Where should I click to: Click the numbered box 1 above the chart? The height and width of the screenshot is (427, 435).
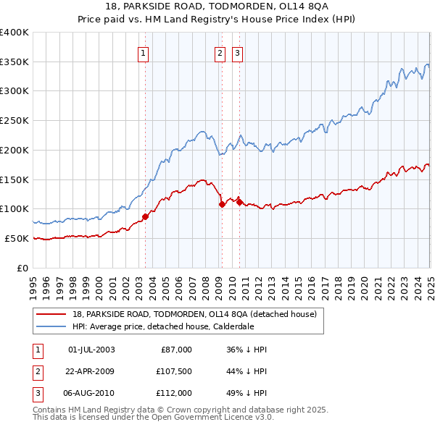[x=143, y=52]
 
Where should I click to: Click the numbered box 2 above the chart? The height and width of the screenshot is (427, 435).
[x=220, y=52]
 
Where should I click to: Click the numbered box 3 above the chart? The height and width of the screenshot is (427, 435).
[x=237, y=52]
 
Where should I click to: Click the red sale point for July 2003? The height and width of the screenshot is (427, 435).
[x=145, y=216]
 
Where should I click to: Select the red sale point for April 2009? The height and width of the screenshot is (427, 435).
[x=222, y=205]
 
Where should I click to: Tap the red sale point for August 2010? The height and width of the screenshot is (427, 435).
[x=239, y=202]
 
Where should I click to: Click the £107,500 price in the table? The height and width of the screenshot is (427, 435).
[x=174, y=371]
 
